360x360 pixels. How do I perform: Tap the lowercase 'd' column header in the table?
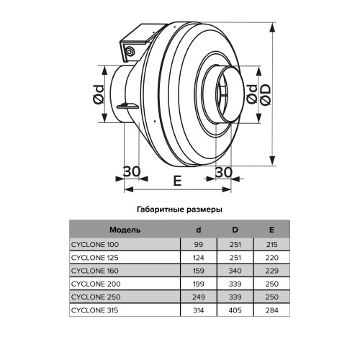point(198,230)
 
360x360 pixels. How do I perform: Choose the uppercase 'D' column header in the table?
point(235,230)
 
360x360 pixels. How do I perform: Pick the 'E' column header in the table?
point(271,230)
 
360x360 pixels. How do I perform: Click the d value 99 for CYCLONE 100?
point(198,244)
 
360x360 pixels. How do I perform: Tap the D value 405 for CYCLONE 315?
point(235,310)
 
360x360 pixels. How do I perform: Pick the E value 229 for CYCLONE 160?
point(271,271)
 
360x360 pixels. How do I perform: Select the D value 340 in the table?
point(235,271)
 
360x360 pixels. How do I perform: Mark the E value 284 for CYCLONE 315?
point(271,310)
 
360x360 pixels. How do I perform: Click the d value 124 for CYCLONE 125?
point(198,257)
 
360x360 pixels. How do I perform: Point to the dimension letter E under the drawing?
point(176,181)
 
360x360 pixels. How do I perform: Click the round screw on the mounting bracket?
point(130,52)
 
